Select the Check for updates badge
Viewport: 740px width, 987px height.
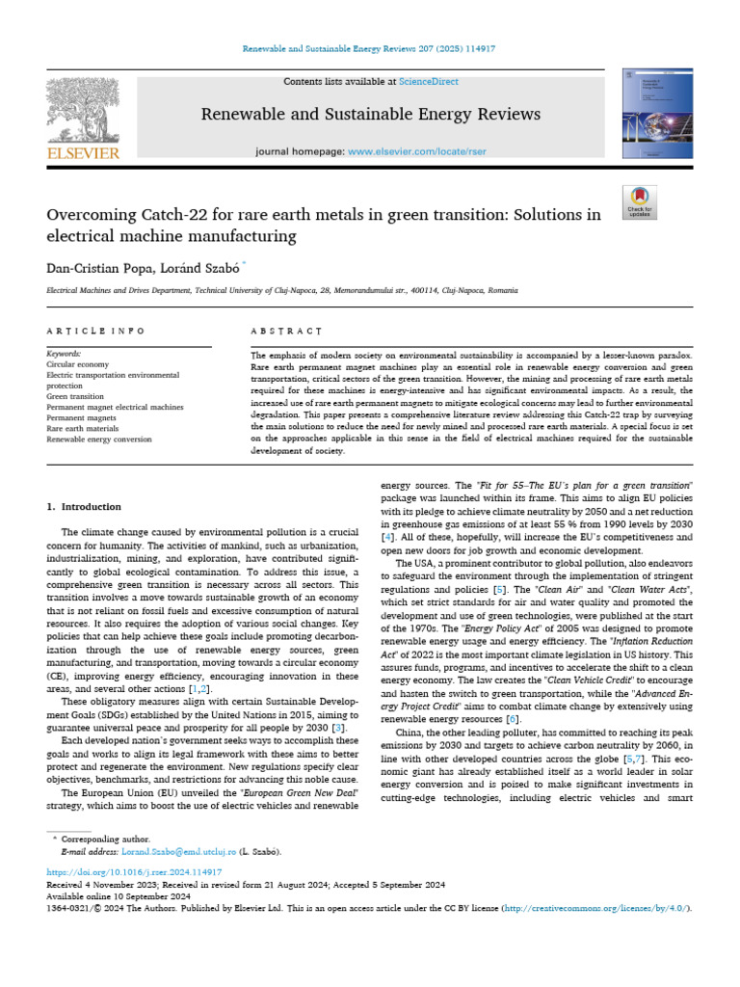pos(639,201)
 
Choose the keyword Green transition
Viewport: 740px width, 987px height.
pos(76,396)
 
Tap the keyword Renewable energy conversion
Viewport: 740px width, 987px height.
pos(99,439)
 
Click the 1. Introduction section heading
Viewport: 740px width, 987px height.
pos(85,506)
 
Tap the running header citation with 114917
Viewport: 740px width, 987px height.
pos(370,47)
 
